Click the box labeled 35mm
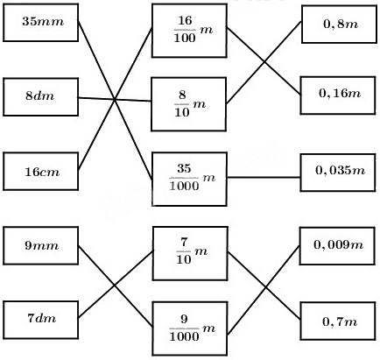coord(41,23)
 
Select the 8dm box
coord(41,97)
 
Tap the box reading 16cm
coord(41,172)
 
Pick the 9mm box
coord(41,245)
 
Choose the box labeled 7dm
coord(41,320)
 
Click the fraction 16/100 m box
coord(189,31)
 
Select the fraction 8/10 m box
coord(189,104)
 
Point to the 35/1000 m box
coord(189,179)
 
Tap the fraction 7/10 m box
coord(190,253)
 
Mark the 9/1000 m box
coord(190,328)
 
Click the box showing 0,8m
coord(339,25)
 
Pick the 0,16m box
coord(338,95)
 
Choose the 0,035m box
coord(338,173)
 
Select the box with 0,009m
coord(337,246)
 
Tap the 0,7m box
coord(338,321)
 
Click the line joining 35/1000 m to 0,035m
coord(264,177)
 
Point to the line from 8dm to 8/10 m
coord(115,100)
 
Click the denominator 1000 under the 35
coord(184,186)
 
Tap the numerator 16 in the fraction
coord(185,20)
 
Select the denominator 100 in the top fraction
coord(185,38)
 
